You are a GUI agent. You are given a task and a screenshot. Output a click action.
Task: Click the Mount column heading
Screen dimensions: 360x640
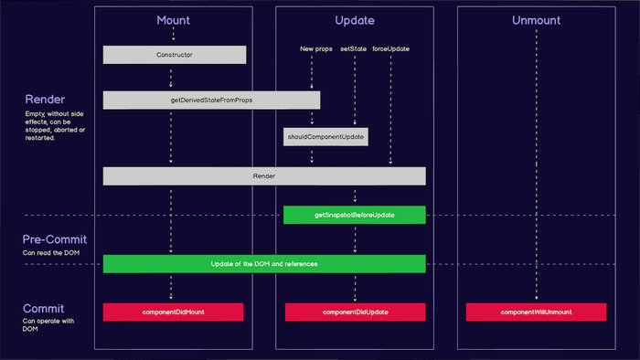pyautogui.click(x=174, y=20)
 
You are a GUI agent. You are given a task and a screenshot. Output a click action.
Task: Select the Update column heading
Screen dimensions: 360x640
pyautogui.click(x=355, y=20)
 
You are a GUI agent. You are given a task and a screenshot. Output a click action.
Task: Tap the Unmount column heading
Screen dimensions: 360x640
pyautogui.click(x=537, y=20)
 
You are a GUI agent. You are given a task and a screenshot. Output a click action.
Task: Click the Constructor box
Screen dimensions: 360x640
pyautogui.click(x=174, y=55)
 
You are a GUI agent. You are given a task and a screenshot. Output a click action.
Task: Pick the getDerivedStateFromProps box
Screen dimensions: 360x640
pyautogui.click(x=211, y=100)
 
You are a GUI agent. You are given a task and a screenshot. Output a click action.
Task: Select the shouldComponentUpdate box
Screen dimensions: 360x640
pyautogui.click(x=325, y=137)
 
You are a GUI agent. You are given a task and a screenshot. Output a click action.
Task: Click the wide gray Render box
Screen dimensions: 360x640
pyautogui.click(x=263, y=175)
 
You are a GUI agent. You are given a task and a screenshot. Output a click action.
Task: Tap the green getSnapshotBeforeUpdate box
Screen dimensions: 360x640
pyautogui.click(x=354, y=215)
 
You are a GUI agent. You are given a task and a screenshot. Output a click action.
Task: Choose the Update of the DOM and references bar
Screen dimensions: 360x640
pyautogui.click(x=263, y=264)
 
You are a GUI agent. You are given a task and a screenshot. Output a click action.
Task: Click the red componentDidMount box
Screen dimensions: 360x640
pyautogui.click(x=173, y=312)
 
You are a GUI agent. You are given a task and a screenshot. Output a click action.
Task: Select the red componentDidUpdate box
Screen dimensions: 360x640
pyautogui.click(x=355, y=312)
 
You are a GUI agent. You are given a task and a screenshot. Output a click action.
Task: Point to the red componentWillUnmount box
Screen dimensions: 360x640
pyautogui.click(x=536, y=312)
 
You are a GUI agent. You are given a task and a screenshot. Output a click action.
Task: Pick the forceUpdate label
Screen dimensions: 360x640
pyautogui.click(x=390, y=48)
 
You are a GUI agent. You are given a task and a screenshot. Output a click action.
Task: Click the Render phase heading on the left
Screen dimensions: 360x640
pyautogui.click(x=44, y=99)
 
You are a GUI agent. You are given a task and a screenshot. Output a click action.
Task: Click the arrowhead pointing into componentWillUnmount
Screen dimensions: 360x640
pyautogui.click(x=536, y=300)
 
